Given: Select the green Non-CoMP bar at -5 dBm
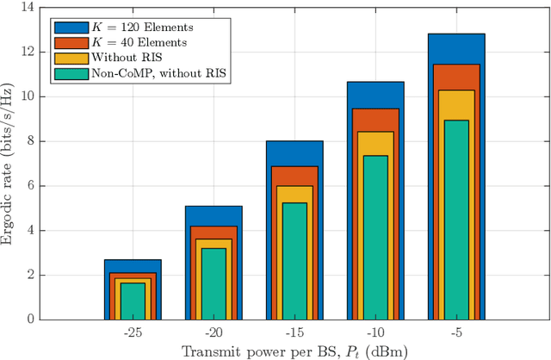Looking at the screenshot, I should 456,220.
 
